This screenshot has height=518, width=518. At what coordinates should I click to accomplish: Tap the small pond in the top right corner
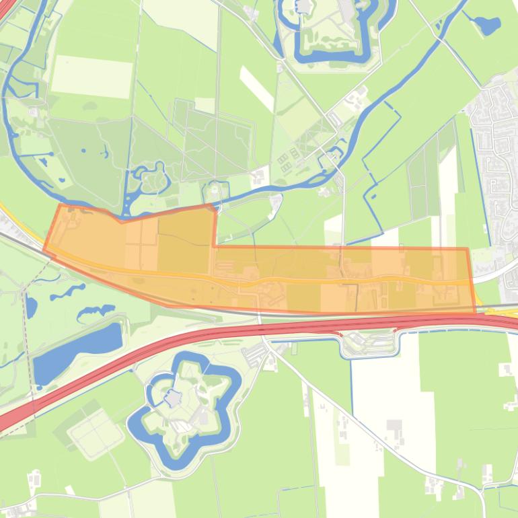click(487, 26)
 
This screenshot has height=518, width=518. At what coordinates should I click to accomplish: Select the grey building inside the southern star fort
click(174, 399)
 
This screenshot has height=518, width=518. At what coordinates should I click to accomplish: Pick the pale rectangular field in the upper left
click(91, 76)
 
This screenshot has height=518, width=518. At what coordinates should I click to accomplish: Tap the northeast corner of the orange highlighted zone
click(467, 249)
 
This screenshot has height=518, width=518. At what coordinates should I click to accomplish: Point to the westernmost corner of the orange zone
click(44, 250)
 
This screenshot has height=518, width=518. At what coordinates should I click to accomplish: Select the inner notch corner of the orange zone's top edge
click(215, 246)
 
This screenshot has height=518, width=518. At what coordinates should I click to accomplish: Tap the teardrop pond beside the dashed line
click(31, 307)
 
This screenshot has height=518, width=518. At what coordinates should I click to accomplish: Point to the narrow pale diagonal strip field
click(257, 87)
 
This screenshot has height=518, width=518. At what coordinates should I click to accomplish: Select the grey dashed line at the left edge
click(26, 336)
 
